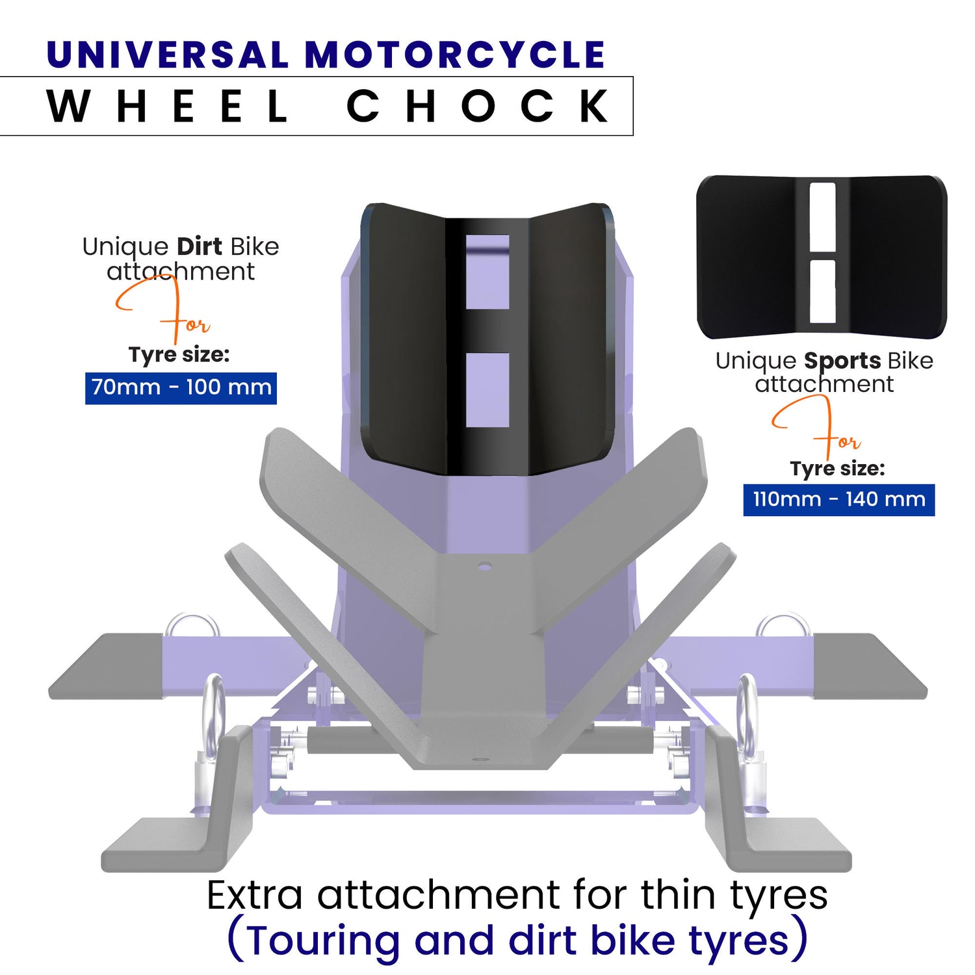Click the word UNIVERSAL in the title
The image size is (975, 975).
click(x=168, y=55)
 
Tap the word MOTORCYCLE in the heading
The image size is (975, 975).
click(x=455, y=55)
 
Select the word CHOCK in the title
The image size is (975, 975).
click(x=478, y=106)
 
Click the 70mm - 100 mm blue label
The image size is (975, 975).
click(x=181, y=388)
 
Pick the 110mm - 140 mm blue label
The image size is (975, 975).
click(x=838, y=500)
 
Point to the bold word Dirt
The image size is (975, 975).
click(x=200, y=247)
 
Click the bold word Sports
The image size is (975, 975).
click(x=842, y=361)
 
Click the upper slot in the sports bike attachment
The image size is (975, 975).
click(x=822, y=216)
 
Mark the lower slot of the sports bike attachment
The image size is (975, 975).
click(x=822, y=291)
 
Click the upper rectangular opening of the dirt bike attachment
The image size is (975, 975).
click(x=487, y=272)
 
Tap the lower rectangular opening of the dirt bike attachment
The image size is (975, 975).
click(x=487, y=390)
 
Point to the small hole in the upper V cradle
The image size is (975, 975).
click(x=484, y=567)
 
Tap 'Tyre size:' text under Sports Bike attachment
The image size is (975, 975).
click(x=837, y=469)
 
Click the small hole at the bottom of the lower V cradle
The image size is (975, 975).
click(x=480, y=759)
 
